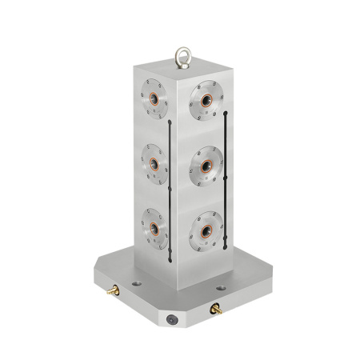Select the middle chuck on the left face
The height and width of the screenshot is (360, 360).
click(x=154, y=162)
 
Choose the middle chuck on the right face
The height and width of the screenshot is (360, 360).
click(x=206, y=165)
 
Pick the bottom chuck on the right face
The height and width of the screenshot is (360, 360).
click(x=206, y=228)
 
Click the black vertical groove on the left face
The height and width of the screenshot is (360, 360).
click(x=170, y=188)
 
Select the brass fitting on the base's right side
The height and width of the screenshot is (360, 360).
click(x=215, y=307)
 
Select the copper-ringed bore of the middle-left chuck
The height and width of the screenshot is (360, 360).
click(x=152, y=162)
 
